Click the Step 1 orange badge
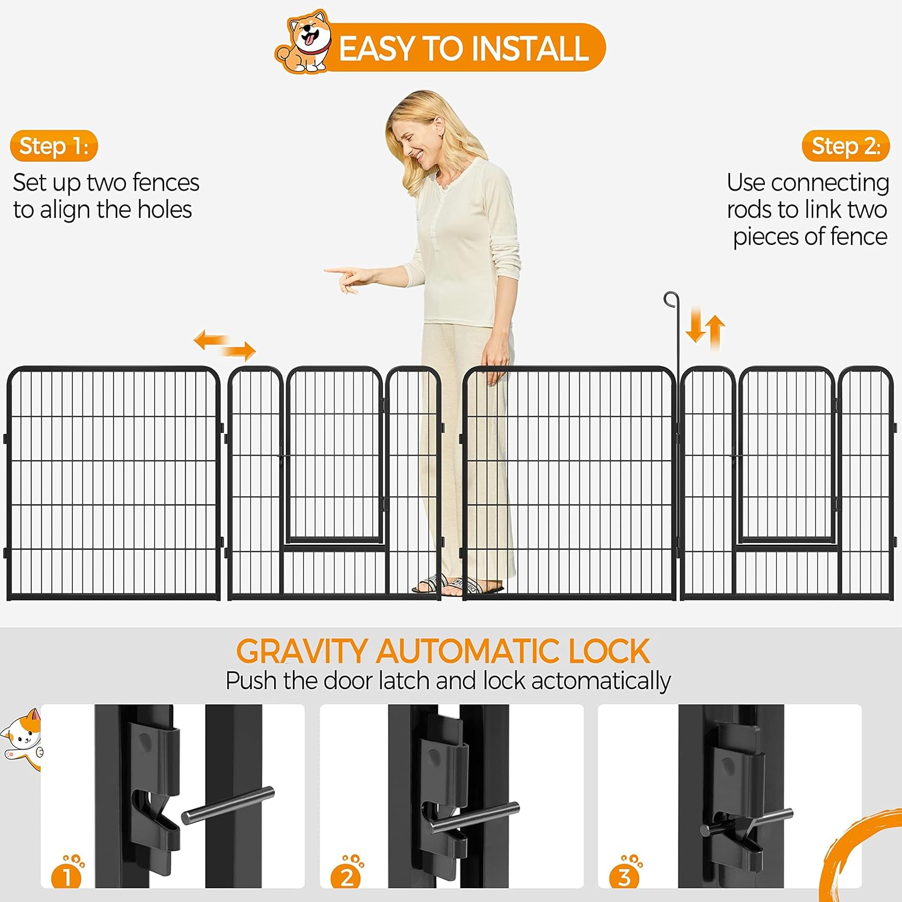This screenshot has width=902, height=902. (x=54, y=146)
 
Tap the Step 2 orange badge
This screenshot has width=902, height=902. (x=845, y=146)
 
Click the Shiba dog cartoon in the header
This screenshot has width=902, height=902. (x=304, y=41)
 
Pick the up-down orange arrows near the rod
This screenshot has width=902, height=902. (x=705, y=328)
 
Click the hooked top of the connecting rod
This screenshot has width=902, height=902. (x=671, y=300)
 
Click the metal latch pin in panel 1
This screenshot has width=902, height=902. (x=228, y=805)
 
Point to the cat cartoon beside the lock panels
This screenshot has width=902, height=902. (x=23, y=738)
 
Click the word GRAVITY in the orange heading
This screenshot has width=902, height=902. (x=301, y=651)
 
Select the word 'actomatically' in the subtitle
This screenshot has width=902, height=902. (x=601, y=681)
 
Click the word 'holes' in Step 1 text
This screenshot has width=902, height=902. (x=165, y=210)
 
